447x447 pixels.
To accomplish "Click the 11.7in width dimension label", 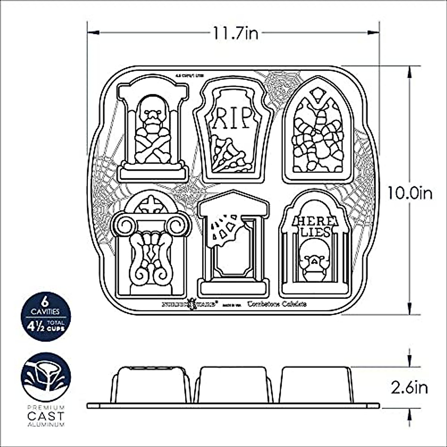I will (235, 34).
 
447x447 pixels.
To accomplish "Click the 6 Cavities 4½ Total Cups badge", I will (45, 316).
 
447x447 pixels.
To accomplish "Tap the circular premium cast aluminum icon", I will (45, 377).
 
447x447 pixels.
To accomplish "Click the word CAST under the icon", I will (45, 416).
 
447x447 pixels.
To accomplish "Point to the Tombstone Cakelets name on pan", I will (278, 304).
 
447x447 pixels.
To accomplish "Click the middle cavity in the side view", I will (234, 384).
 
